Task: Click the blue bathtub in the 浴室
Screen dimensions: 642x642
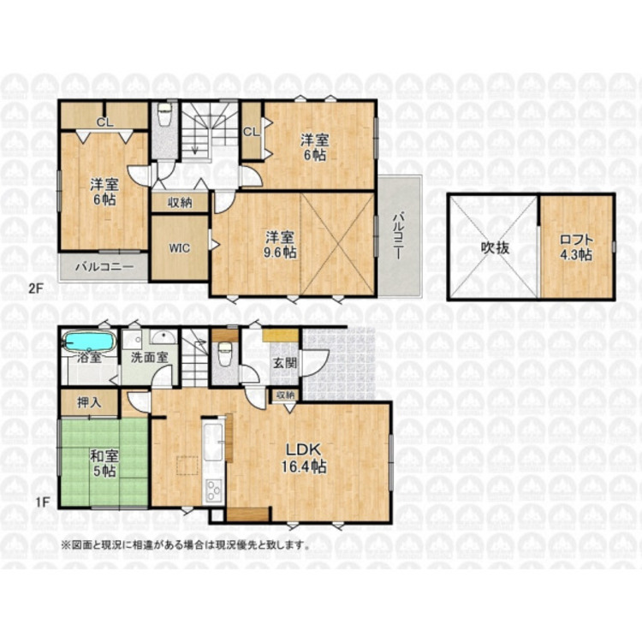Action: click(x=88, y=342)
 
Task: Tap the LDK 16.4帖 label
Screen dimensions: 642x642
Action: click(x=303, y=458)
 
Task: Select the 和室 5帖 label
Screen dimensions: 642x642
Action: click(x=104, y=463)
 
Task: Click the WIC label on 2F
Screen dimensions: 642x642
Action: click(x=180, y=248)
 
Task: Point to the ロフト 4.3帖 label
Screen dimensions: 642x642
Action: click(x=576, y=247)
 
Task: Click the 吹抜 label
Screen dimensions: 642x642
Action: click(x=495, y=247)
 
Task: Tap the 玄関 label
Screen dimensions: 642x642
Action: click(x=285, y=363)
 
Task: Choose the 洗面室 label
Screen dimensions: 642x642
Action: click(x=149, y=358)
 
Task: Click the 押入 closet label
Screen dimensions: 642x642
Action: click(x=89, y=402)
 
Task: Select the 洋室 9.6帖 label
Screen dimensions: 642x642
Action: click(x=280, y=245)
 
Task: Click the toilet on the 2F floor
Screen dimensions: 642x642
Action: click(x=164, y=115)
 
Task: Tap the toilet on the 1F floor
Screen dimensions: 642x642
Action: click(x=224, y=354)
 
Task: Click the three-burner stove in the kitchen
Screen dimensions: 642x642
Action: click(x=213, y=490)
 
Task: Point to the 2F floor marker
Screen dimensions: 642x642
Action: click(x=36, y=288)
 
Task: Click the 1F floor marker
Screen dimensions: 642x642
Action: click(x=42, y=502)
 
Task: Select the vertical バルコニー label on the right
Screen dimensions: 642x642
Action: click(x=397, y=235)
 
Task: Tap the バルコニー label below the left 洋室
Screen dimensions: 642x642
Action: click(x=104, y=267)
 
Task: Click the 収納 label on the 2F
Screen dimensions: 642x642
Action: click(x=180, y=203)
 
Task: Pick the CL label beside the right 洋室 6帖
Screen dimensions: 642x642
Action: click(x=252, y=132)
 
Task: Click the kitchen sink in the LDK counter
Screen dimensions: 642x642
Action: click(x=213, y=443)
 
